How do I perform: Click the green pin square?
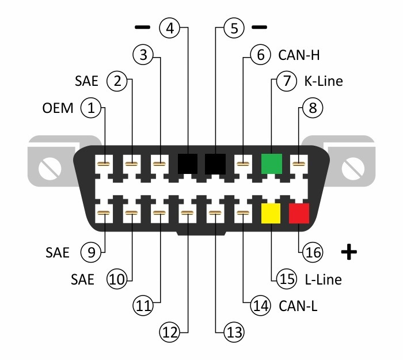coord(271,163)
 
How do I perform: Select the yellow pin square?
coord(271,213)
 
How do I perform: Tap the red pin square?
coord(299,213)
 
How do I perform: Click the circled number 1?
coord(91,107)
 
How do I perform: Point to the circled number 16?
coord(314,252)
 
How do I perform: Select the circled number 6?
coord(260,55)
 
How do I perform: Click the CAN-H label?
coord(299,55)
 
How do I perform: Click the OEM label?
coord(58,108)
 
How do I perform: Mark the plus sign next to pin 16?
coord(348,252)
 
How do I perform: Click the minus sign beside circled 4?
coord(141,28)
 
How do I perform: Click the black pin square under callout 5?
coord(215,163)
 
